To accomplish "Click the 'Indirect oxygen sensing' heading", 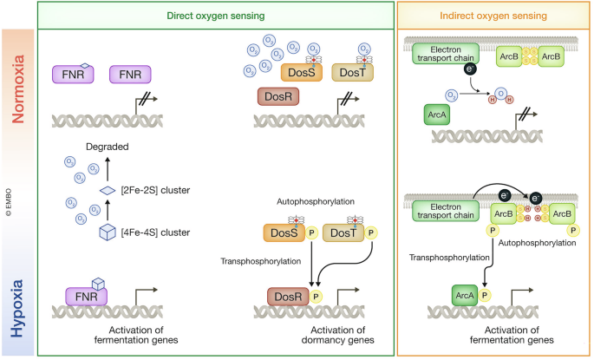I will [494, 15].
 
